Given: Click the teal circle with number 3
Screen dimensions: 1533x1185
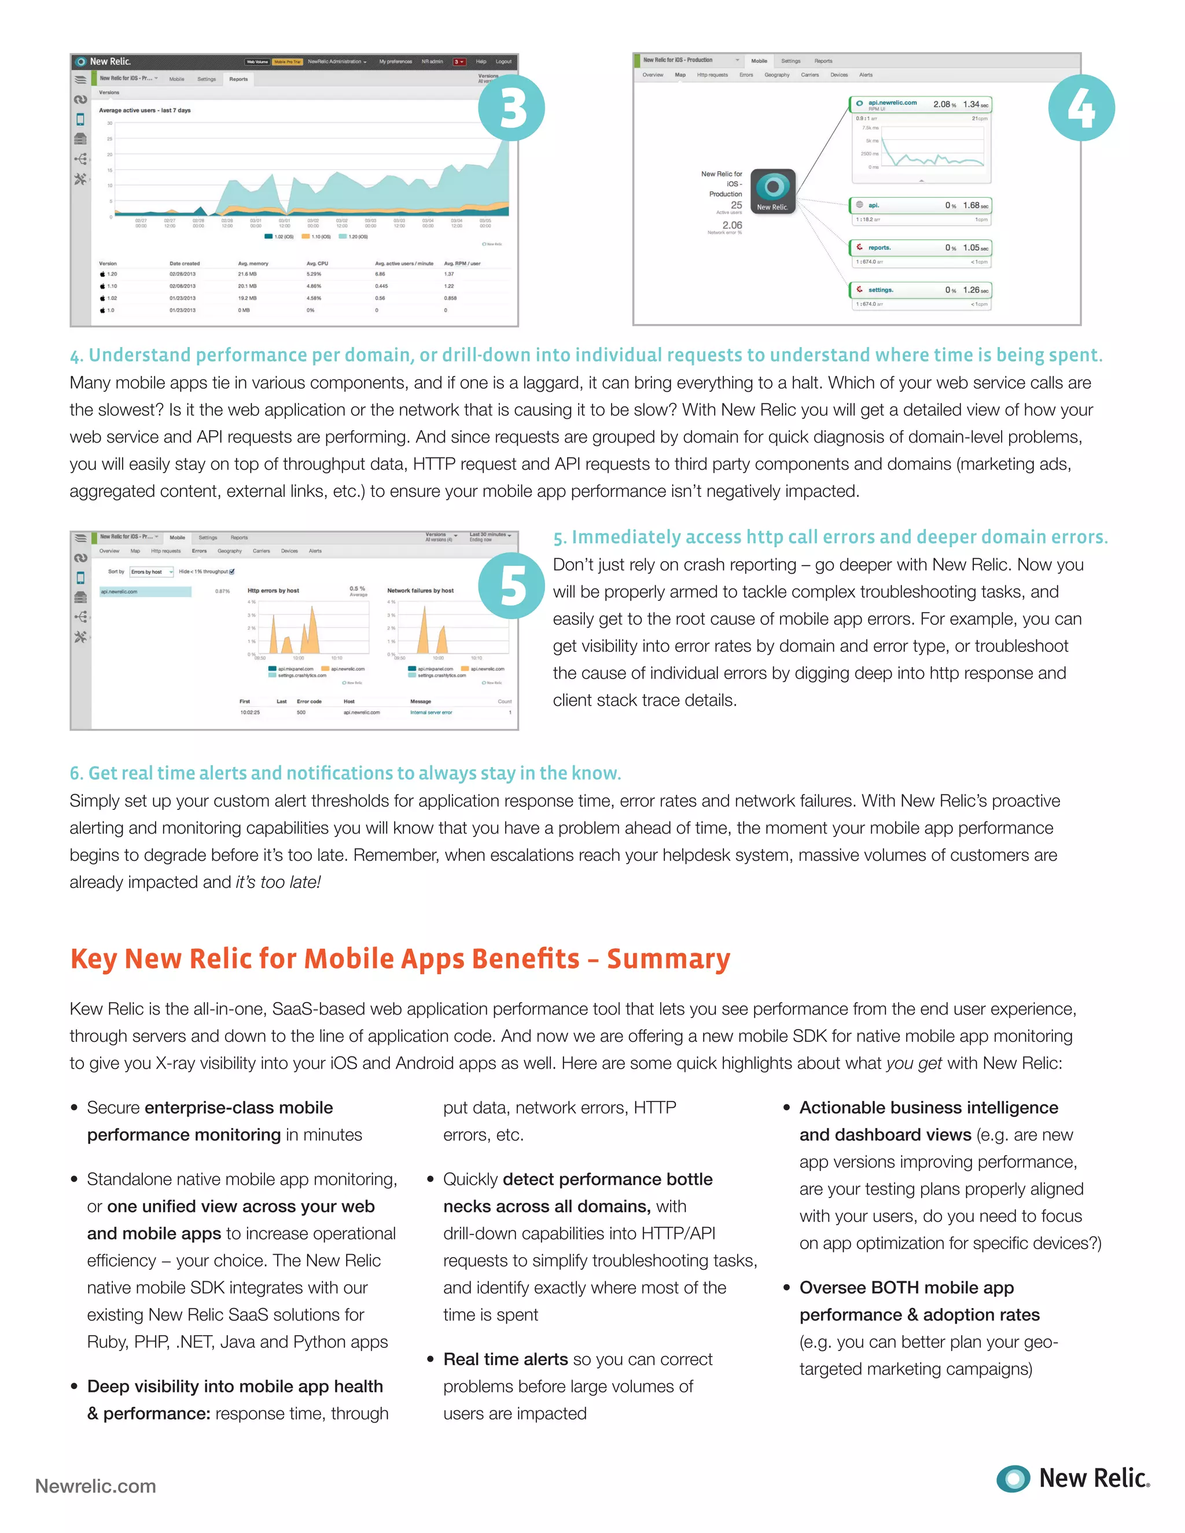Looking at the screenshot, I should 511,108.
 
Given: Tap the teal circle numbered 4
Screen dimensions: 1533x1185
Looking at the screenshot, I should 1081,108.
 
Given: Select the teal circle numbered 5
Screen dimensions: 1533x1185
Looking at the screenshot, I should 511,586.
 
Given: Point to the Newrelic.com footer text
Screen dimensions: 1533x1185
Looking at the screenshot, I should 95,1486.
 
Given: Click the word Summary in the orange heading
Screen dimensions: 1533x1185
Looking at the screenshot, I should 668,959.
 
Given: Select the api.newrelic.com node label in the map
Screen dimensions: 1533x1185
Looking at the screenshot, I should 892,102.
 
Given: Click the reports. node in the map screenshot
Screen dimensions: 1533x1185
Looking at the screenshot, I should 879,248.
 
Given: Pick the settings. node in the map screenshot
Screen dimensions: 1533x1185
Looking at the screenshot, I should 880,290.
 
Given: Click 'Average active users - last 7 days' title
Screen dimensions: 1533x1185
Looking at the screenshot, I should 145,110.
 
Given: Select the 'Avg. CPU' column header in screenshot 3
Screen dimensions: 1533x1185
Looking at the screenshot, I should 317,264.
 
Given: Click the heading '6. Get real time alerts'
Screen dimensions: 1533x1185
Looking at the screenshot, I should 345,773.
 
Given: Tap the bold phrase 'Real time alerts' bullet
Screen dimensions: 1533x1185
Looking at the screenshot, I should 506,1359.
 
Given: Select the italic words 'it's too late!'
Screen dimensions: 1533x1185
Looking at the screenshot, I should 278,882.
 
